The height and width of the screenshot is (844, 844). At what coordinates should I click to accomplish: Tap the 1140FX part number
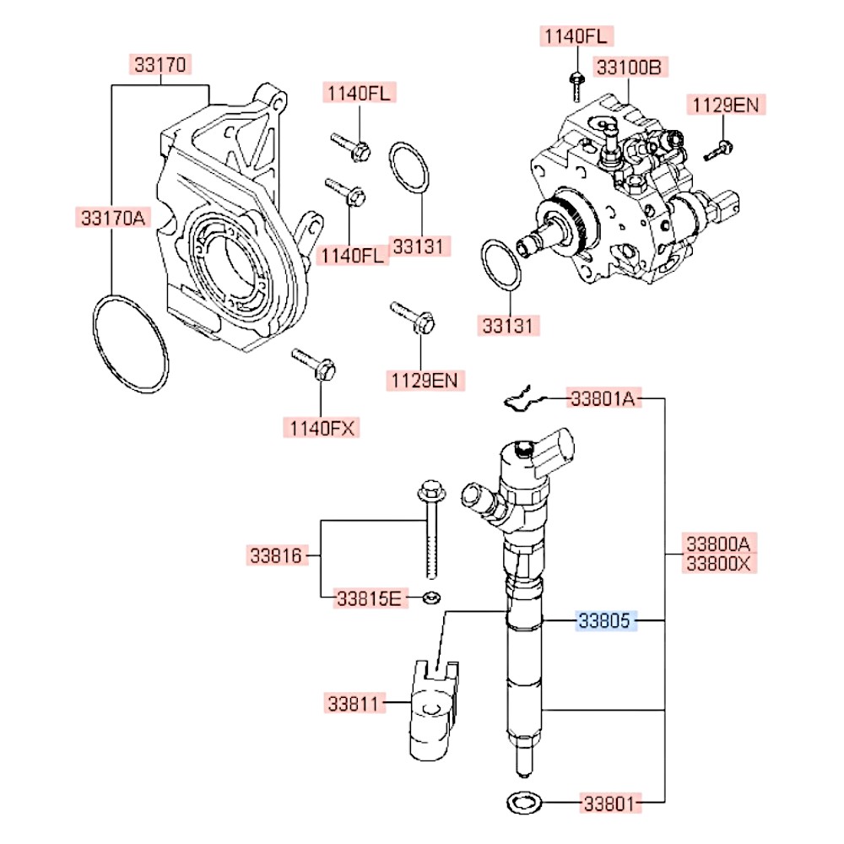coord(321,428)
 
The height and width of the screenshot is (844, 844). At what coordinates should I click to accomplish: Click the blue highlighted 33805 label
coord(603,622)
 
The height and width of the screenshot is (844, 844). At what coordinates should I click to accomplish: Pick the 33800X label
coord(717,563)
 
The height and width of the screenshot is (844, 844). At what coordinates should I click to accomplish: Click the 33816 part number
coord(276,555)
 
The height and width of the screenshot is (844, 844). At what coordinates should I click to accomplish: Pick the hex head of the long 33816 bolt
coord(430,490)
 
